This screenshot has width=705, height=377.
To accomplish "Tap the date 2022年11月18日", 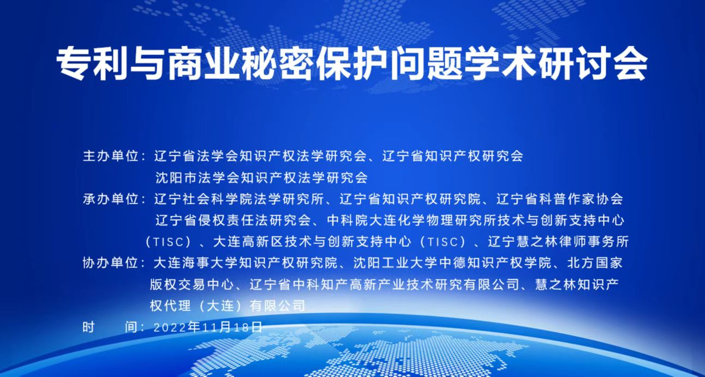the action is pos(208,327).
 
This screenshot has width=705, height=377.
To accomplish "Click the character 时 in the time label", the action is pos(89,327).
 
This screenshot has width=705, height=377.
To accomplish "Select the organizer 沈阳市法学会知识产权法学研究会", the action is pos(261,178).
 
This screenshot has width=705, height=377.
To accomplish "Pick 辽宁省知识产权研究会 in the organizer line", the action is pos(452,156).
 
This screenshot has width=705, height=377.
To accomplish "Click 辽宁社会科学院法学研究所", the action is pos(239,199).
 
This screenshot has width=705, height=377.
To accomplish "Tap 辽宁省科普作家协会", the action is pos(560,199).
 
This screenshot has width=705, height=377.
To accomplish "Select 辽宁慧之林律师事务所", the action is pos(558,241).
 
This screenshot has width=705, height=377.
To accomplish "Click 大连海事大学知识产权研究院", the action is pos(246,263).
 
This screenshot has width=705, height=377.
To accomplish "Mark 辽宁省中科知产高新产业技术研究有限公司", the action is pos(384,284).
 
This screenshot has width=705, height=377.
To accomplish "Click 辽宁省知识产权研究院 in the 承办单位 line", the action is pos(410,199).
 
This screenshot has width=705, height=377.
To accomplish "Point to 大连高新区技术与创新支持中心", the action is pos(313,241).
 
